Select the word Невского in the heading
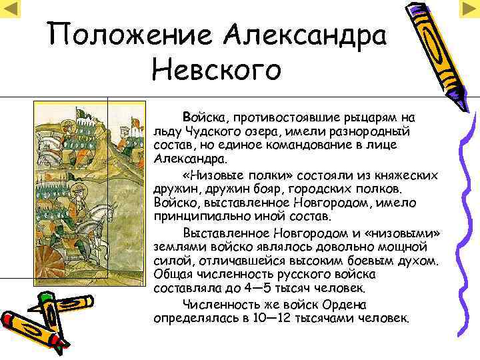[217, 69]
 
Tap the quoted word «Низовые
[210, 175]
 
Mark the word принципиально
[199, 217]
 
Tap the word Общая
[172, 274]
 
